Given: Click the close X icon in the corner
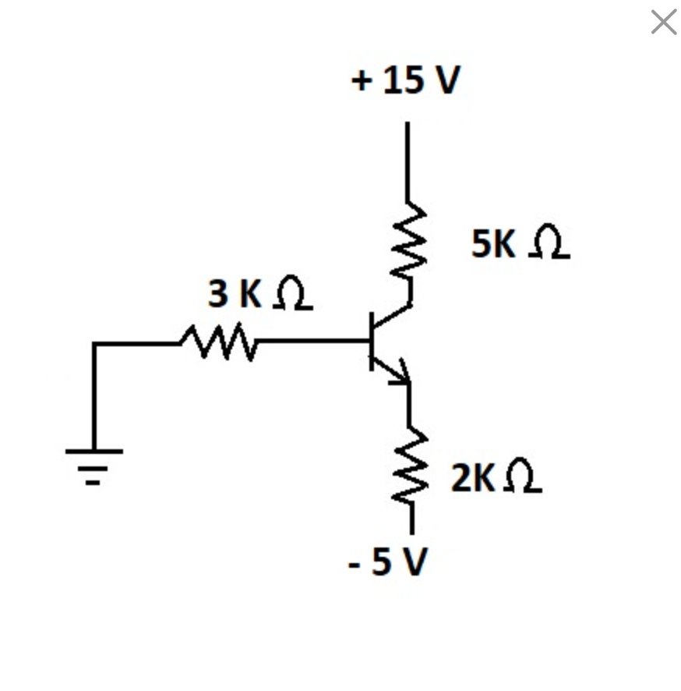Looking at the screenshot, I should pyautogui.click(x=663, y=22).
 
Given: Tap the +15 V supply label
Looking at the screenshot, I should pyautogui.click(x=406, y=80).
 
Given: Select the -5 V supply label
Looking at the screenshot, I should pyautogui.click(x=387, y=561).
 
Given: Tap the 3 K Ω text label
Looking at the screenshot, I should pyautogui.click(x=259, y=293).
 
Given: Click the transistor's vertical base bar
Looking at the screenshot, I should pyautogui.click(x=372, y=341).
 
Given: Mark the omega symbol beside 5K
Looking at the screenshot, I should pyautogui.click(x=550, y=243).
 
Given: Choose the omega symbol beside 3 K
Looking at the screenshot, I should pyautogui.click(x=292, y=294).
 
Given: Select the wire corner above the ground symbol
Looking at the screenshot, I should pyautogui.click(x=94, y=343).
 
